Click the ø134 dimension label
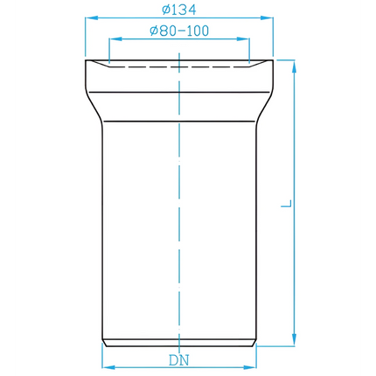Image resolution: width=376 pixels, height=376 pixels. click(179, 10)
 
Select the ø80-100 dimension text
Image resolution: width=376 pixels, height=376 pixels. click(179, 31)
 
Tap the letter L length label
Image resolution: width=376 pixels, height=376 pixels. click(286, 203)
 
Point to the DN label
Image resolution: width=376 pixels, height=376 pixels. click(179, 360)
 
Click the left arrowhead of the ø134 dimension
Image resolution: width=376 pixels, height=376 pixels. click(91, 18)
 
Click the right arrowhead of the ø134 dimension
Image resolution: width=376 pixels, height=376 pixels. click(268, 18)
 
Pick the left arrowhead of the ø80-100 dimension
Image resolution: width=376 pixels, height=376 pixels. click(115, 39)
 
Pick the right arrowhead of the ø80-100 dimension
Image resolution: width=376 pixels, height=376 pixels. click(244, 39)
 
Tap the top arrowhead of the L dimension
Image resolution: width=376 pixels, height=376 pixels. click(295, 66)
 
